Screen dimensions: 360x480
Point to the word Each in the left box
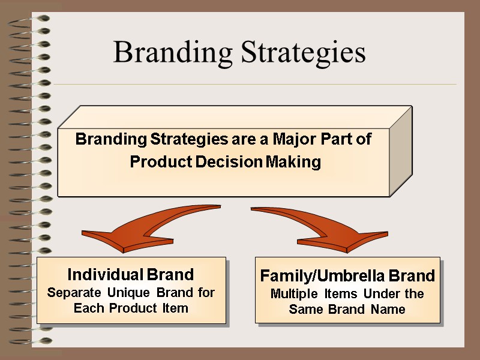(x=88, y=308)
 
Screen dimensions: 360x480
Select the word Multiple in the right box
(x=294, y=294)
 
